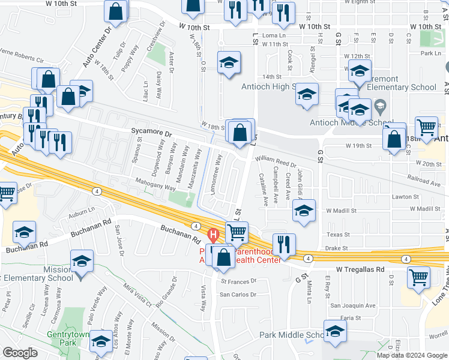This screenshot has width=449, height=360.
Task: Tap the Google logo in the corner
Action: pyautogui.click(x=20, y=353)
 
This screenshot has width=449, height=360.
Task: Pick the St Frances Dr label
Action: pyautogui.click(x=238, y=280)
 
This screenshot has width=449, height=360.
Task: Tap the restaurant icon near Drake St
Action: pyautogui.click(x=284, y=244)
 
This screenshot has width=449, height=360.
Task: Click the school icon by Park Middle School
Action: pyautogui.click(x=335, y=331)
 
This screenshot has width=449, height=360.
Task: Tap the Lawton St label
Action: pyautogui.click(x=406, y=197)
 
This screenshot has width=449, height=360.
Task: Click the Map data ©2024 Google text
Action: pyautogui.click(x=411, y=355)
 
